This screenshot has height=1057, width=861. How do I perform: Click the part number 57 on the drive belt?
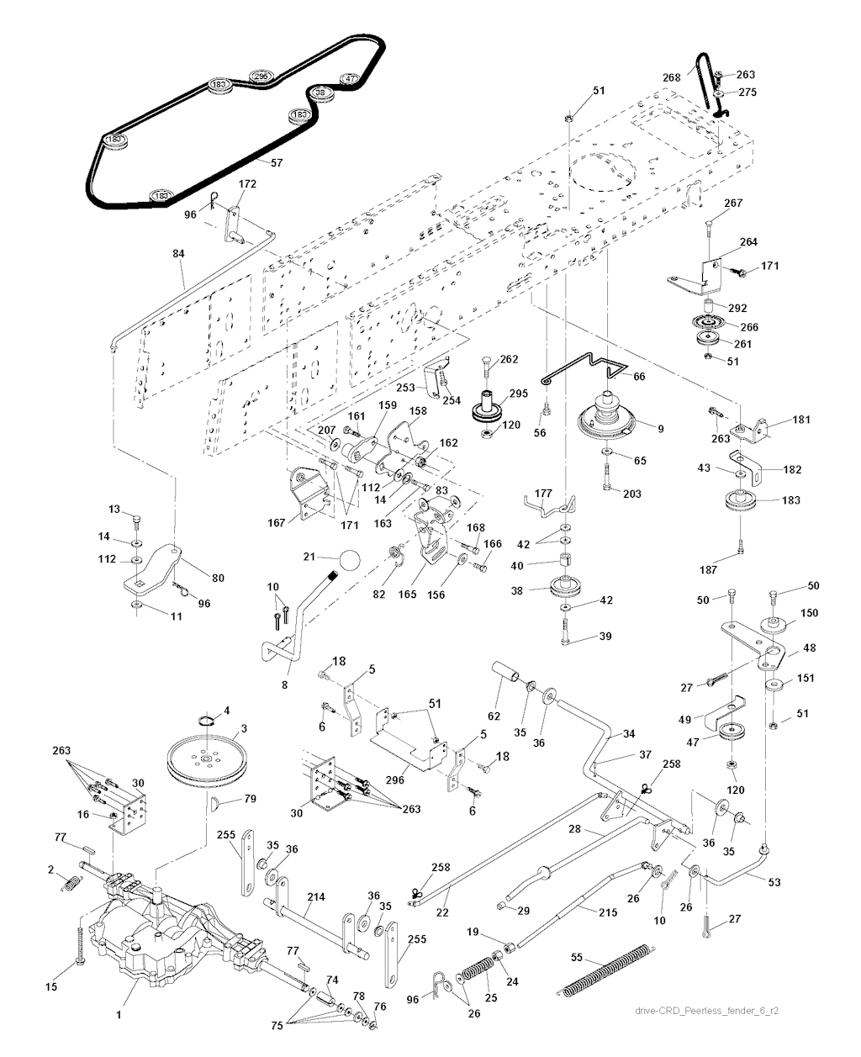[x=276, y=160]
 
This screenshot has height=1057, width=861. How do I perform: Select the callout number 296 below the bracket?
[x=395, y=780]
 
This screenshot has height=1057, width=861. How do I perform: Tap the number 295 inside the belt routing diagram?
[x=261, y=77]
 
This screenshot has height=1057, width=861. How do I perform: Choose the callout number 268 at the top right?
[x=671, y=77]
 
